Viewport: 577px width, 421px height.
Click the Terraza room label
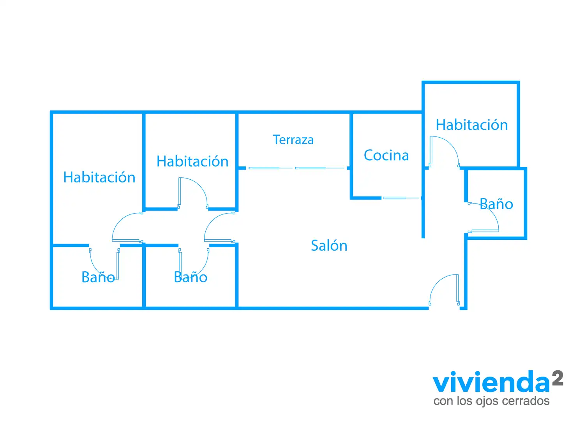pyautogui.click(x=293, y=140)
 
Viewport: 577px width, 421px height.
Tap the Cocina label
pyautogui.click(x=386, y=155)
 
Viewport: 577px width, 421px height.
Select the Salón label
pyautogui.click(x=329, y=245)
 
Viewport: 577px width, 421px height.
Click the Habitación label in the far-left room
pyautogui.click(x=99, y=177)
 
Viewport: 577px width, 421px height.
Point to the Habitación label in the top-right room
pyautogui.click(x=472, y=125)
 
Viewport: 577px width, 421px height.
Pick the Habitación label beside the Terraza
pyautogui.click(x=192, y=161)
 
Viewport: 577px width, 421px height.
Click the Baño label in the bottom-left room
pyautogui.click(x=98, y=277)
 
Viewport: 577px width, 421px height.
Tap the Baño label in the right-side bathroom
pyautogui.click(x=496, y=203)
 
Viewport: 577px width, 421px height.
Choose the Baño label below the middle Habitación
pyautogui.click(x=191, y=277)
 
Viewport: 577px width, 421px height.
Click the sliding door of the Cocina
pyautogui.click(x=401, y=198)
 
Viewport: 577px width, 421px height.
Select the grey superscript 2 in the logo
pyautogui.click(x=558, y=378)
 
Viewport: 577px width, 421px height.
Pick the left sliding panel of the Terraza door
pyautogui.click(x=264, y=168)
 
